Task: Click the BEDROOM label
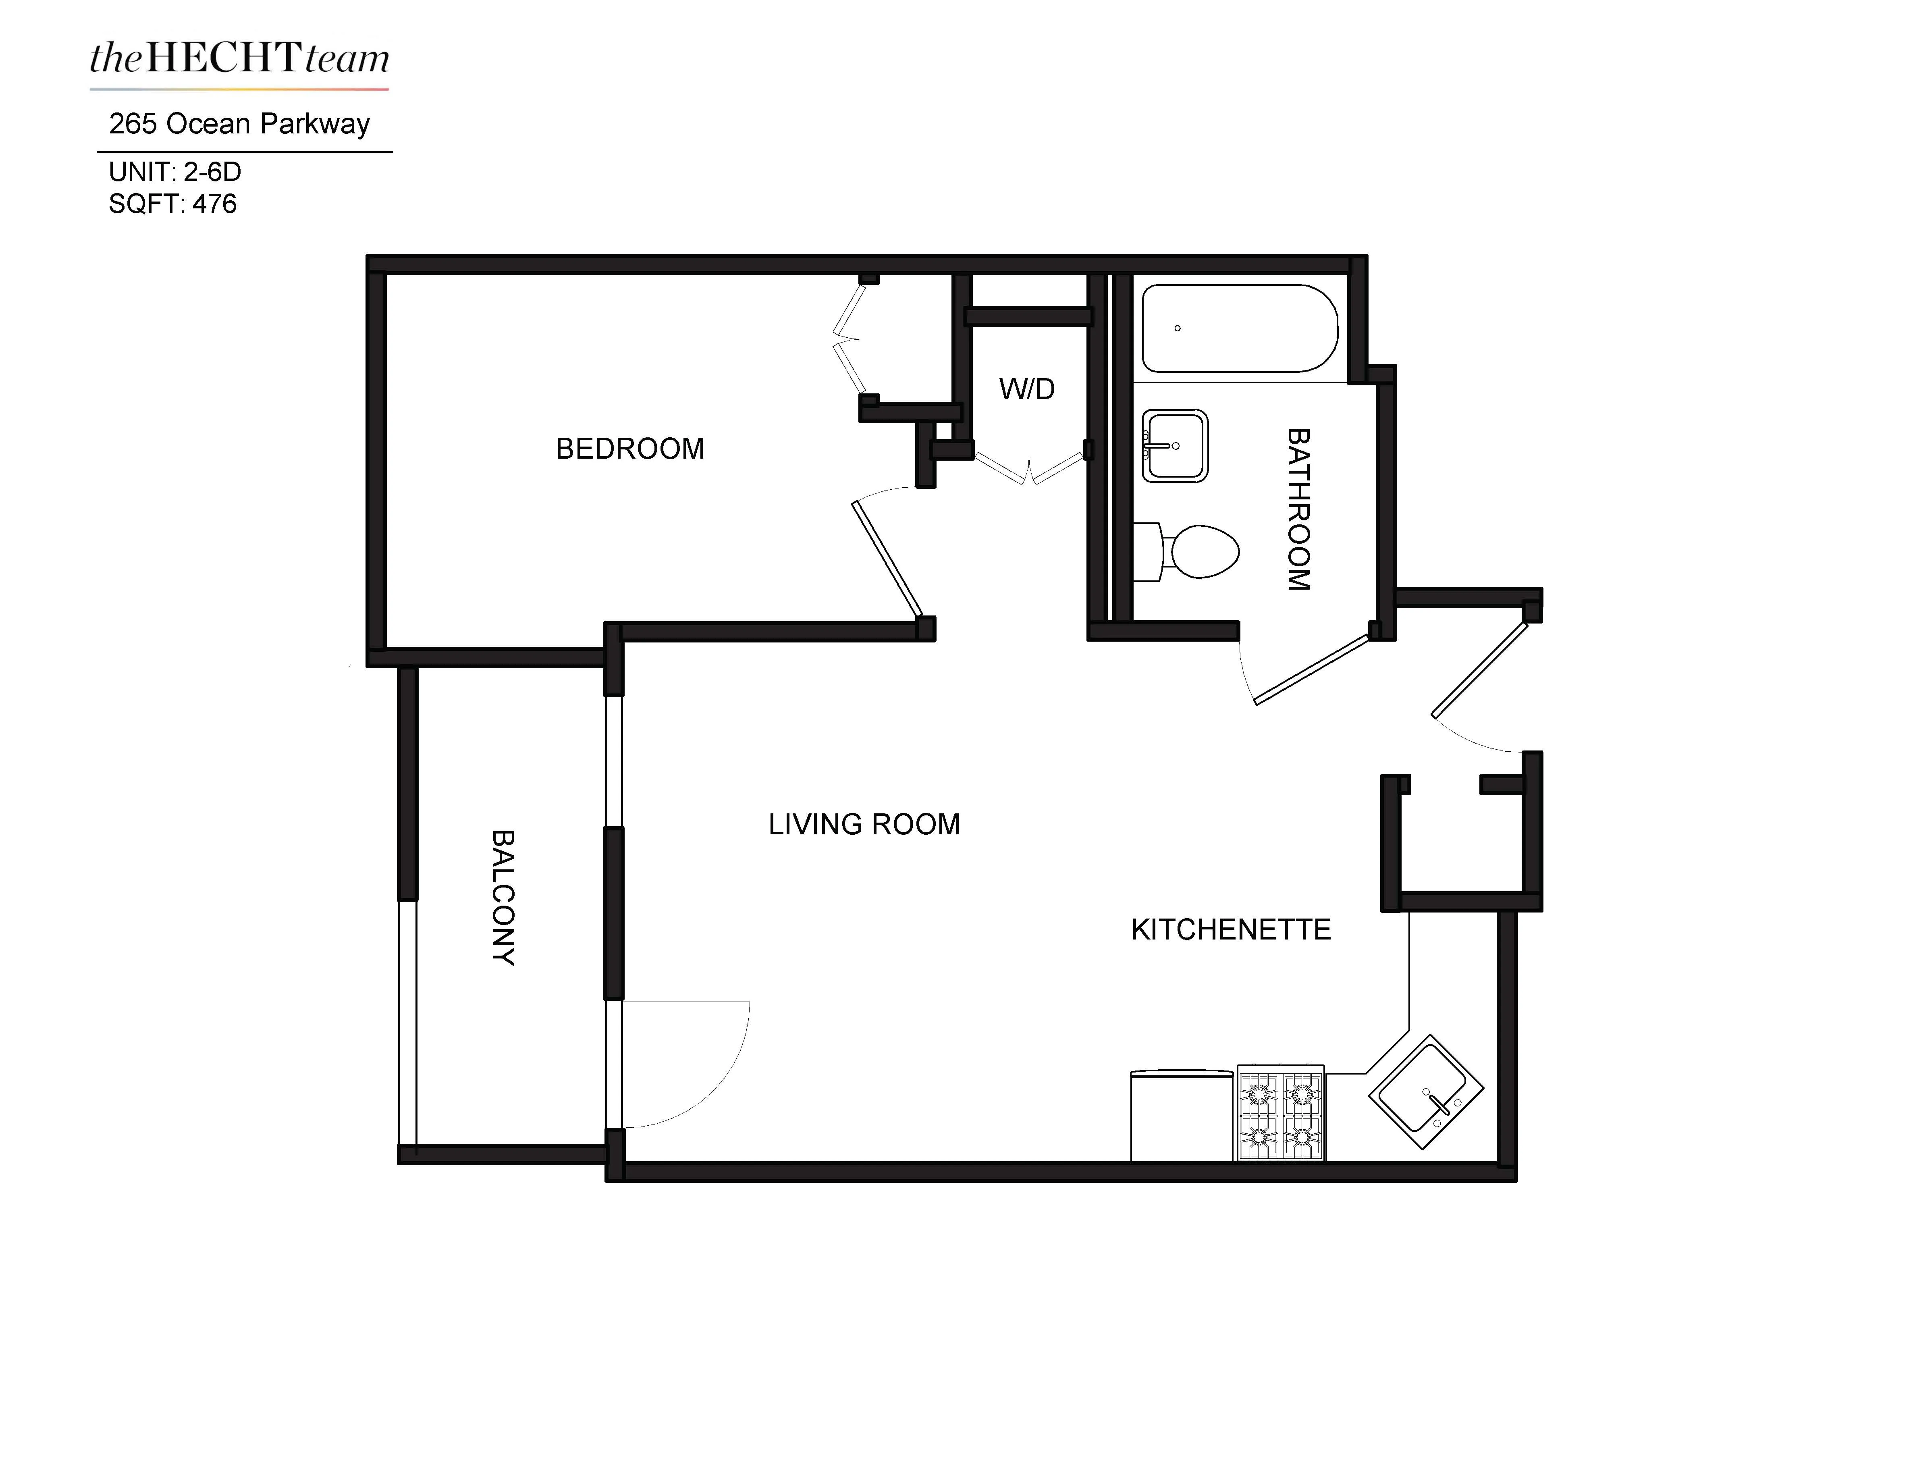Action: (x=629, y=449)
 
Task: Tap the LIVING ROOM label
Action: (x=864, y=824)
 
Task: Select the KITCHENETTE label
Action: (x=1230, y=929)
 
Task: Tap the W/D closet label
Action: (x=1027, y=389)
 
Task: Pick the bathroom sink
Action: (x=1175, y=445)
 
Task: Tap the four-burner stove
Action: (x=1280, y=1112)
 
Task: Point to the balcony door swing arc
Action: (x=710, y=1087)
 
